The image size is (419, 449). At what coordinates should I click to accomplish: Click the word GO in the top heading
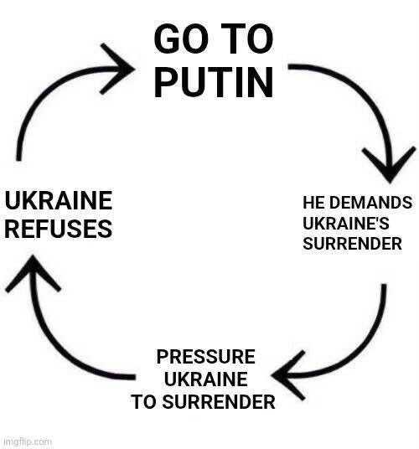point(181,39)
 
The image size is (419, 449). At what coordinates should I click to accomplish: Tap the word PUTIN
point(214,82)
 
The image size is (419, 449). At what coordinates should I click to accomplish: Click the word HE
point(313,203)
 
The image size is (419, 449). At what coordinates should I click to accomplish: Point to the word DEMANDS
point(370,203)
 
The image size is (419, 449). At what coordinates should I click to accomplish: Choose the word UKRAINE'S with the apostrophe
point(346,223)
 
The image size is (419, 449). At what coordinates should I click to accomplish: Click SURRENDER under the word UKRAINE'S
point(352,244)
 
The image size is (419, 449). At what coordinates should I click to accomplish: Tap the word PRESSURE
point(205,357)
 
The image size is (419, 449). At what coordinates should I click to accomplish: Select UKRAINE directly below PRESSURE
point(205,379)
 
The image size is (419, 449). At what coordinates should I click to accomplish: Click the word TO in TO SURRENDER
point(144,401)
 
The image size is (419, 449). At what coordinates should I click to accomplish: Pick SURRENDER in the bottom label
point(219,401)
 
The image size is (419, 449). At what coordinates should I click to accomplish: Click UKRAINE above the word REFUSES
point(59,200)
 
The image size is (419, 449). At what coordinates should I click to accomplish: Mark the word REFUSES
point(59,229)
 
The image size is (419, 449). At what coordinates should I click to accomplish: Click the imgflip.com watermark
point(28,441)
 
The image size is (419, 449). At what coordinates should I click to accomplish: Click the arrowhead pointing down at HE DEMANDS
point(389,166)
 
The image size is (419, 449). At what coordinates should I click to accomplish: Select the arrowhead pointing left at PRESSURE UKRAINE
point(287,375)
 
